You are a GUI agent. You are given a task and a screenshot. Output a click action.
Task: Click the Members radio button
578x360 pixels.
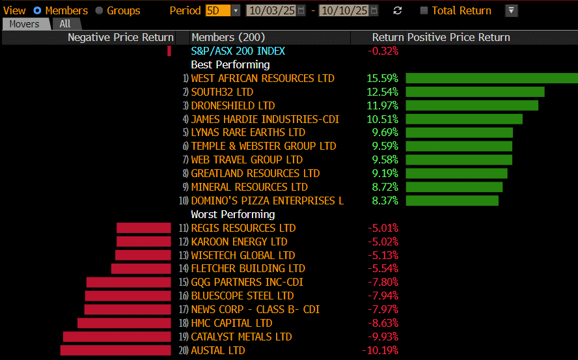[x=36, y=10]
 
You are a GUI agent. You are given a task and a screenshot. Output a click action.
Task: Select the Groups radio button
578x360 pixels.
[x=100, y=10]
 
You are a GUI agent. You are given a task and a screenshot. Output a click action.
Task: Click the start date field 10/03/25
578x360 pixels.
[x=271, y=10]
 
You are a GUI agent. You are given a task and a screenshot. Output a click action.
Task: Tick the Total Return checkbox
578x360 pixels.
[x=424, y=10]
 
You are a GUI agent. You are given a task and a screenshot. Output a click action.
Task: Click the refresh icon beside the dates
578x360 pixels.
[x=398, y=10]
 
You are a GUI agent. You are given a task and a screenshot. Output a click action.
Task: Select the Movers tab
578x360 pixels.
[x=24, y=24]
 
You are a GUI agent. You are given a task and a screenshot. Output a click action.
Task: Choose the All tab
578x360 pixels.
[x=65, y=24]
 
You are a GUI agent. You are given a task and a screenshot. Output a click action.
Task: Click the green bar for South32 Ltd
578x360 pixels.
[x=475, y=92]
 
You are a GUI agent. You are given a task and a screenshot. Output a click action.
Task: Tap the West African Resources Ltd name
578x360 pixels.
[x=262, y=78]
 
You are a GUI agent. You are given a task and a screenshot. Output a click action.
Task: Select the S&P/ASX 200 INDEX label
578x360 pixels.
[x=238, y=51]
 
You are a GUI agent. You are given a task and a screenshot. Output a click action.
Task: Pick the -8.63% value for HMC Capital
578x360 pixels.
[x=382, y=323]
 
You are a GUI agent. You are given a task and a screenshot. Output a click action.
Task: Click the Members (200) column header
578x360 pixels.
[x=228, y=38]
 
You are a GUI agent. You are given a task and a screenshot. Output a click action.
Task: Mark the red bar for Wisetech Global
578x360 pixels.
[x=144, y=255]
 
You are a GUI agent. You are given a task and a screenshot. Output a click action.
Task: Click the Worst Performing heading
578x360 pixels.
[x=233, y=214]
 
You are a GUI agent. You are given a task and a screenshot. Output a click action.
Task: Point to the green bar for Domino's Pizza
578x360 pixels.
[x=452, y=201]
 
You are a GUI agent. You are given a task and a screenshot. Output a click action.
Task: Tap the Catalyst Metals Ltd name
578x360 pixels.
[x=241, y=337]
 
